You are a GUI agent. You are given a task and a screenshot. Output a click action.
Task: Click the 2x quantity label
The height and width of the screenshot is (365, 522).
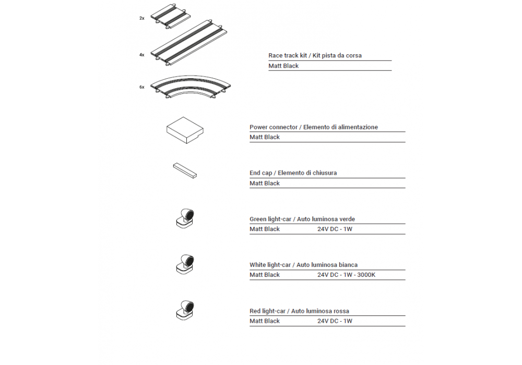coord(142,18)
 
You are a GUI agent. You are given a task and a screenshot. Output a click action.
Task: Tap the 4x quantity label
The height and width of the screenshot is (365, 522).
coord(142,55)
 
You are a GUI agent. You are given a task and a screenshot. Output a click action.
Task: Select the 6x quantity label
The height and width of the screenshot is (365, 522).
coord(142,87)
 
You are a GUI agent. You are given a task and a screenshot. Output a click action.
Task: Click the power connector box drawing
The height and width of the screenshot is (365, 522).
coord(185,129)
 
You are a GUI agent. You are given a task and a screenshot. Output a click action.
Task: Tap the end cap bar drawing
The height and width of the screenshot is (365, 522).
coord(185,171)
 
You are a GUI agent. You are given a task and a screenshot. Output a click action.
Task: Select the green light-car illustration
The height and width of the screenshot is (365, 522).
coord(185,217)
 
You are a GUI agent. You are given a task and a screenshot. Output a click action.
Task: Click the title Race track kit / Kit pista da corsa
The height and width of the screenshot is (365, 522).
coord(315,55)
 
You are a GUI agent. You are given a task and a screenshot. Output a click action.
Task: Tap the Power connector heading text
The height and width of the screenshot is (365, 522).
coord(313,127)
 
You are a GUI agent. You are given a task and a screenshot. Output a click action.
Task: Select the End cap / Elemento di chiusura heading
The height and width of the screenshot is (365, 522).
coord(293,173)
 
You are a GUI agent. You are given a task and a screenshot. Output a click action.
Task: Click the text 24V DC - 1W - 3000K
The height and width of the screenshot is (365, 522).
coord(346,275)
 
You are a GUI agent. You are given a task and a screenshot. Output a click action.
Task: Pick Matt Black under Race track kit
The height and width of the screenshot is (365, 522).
coord(283,66)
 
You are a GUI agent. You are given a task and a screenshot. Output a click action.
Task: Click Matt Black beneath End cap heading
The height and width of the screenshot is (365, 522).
coord(265,184)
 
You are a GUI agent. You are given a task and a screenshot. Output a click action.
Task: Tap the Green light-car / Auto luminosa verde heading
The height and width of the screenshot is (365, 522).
coord(302,220)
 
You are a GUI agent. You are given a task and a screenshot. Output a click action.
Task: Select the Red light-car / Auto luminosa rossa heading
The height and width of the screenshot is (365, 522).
coord(299,311)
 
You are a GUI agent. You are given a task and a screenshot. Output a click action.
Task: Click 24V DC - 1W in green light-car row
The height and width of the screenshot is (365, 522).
coord(335,229)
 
